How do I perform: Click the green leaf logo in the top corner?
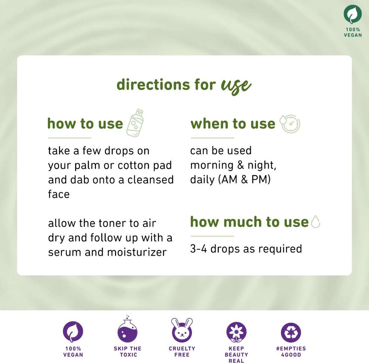[353, 14]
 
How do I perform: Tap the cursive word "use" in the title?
[236, 86]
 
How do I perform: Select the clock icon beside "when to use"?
[290, 124]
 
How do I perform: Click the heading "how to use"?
[85, 123]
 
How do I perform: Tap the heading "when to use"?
[233, 123]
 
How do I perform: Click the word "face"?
[59, 194]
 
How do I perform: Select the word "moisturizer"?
[137, 252]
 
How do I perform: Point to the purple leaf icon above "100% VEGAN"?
[73, 332]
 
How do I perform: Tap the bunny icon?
[182, 330]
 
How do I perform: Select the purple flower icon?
[236, 332]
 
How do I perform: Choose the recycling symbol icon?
[291, 332]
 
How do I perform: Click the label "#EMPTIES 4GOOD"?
[291, 351]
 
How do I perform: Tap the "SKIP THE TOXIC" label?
[128, 351]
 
